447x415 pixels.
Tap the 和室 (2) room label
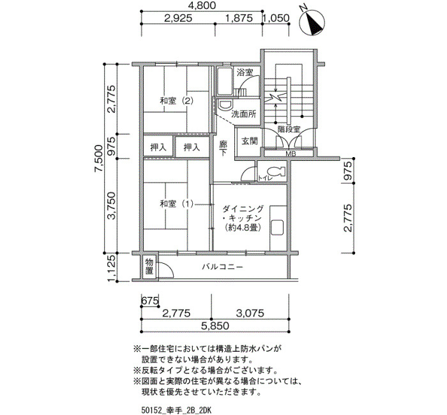177,101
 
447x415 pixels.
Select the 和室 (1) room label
177,204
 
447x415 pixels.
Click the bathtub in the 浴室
225,82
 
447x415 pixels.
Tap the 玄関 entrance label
250,141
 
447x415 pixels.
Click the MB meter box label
291,154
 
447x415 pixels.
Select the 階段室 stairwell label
289,129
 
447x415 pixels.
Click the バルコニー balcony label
223,267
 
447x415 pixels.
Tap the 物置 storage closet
149,266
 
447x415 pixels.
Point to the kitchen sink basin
277,227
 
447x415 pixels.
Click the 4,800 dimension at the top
202,5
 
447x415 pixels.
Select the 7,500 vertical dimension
98,158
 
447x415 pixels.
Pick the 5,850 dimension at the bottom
215,326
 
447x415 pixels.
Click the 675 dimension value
150,301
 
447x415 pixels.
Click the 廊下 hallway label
223,148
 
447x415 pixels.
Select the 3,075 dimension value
250,313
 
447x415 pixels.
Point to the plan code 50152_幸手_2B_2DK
176,411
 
